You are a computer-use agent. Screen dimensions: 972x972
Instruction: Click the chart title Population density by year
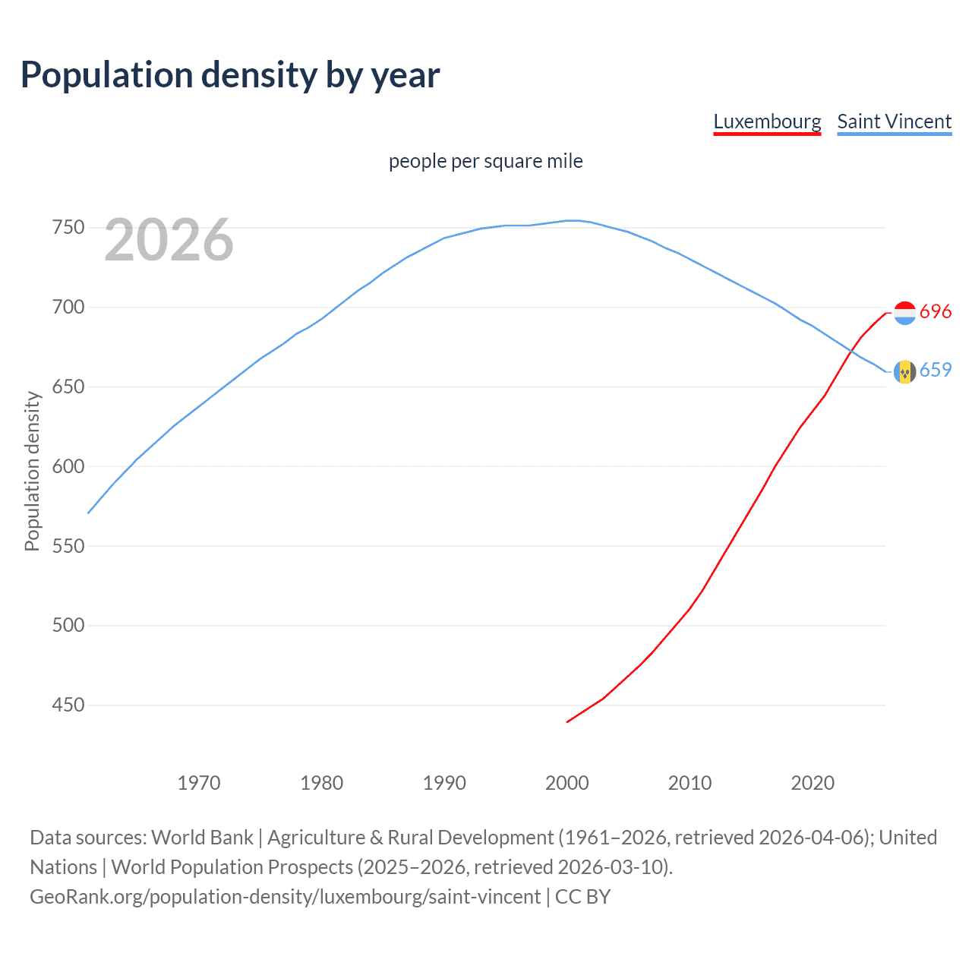(230, 75)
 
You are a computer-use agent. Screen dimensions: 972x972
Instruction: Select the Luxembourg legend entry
(767, 122)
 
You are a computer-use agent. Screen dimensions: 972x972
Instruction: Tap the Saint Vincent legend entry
(894, 122)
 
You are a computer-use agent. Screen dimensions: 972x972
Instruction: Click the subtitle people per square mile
(485, 161)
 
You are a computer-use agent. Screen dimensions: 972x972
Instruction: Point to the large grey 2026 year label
(169, 241)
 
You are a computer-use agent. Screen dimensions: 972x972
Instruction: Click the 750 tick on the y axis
(68, 228)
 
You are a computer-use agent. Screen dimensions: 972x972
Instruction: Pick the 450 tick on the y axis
(68, 705)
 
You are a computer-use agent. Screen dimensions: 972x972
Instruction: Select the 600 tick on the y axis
(68, 466)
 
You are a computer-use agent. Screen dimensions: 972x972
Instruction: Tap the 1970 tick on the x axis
(199, 783)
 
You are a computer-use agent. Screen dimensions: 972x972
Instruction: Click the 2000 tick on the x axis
(567, 783)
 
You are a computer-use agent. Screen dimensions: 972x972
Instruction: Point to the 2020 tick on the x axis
(813, 783)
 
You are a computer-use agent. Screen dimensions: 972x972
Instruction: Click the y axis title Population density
(32, 471)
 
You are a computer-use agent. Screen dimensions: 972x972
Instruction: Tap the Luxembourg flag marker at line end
(904, 313)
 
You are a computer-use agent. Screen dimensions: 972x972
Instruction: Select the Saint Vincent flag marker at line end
(904, 371)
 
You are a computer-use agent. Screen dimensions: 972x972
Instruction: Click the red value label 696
(936, 312)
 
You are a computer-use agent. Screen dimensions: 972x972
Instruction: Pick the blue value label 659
(936, 370)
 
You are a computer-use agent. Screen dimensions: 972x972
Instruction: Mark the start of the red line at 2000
(567, 721)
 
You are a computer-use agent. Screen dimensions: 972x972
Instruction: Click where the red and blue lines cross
(854, 349)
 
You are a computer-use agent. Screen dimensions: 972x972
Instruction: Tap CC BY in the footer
(582, 897)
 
